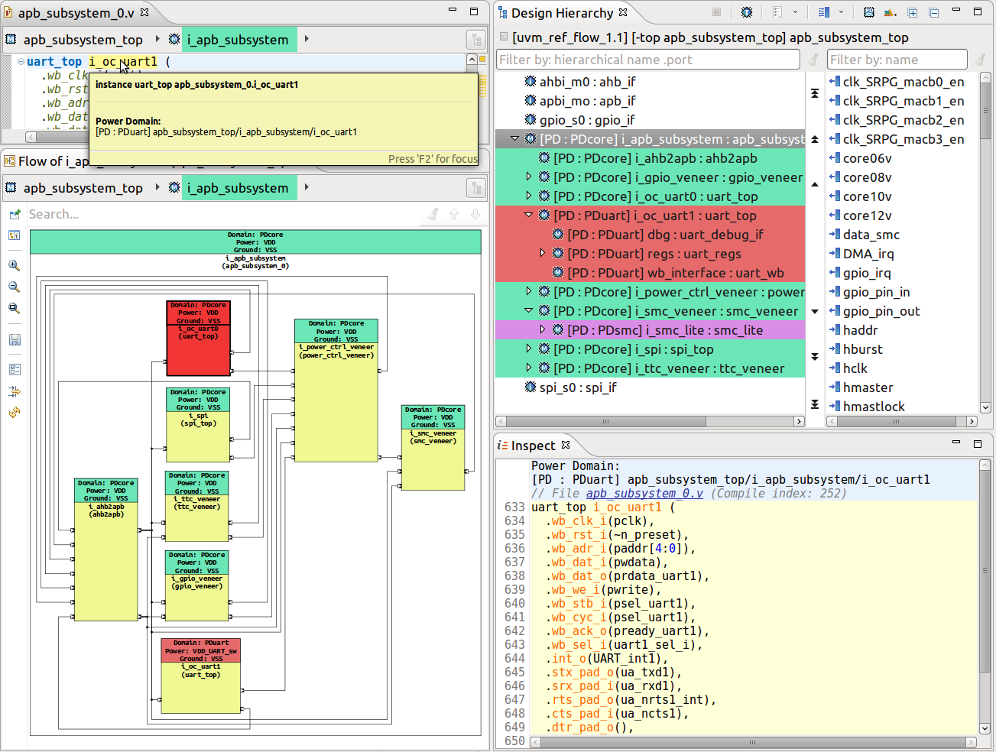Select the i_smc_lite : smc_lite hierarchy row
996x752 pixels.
coord(664,330)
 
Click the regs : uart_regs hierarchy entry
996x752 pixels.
coord(654,254)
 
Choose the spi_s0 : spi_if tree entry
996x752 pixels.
coord(577,387)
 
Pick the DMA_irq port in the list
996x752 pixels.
coord(868,254)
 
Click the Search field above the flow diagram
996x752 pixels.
coord(222,215)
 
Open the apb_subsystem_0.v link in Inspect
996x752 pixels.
coord(644,494)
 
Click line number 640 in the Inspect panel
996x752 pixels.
coord(514,604)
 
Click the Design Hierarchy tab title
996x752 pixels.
coord(562,13)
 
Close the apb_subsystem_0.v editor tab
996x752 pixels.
coord(144,12)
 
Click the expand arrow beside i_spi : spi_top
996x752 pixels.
coord(528,349)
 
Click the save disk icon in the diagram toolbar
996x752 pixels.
coord(15,340)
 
